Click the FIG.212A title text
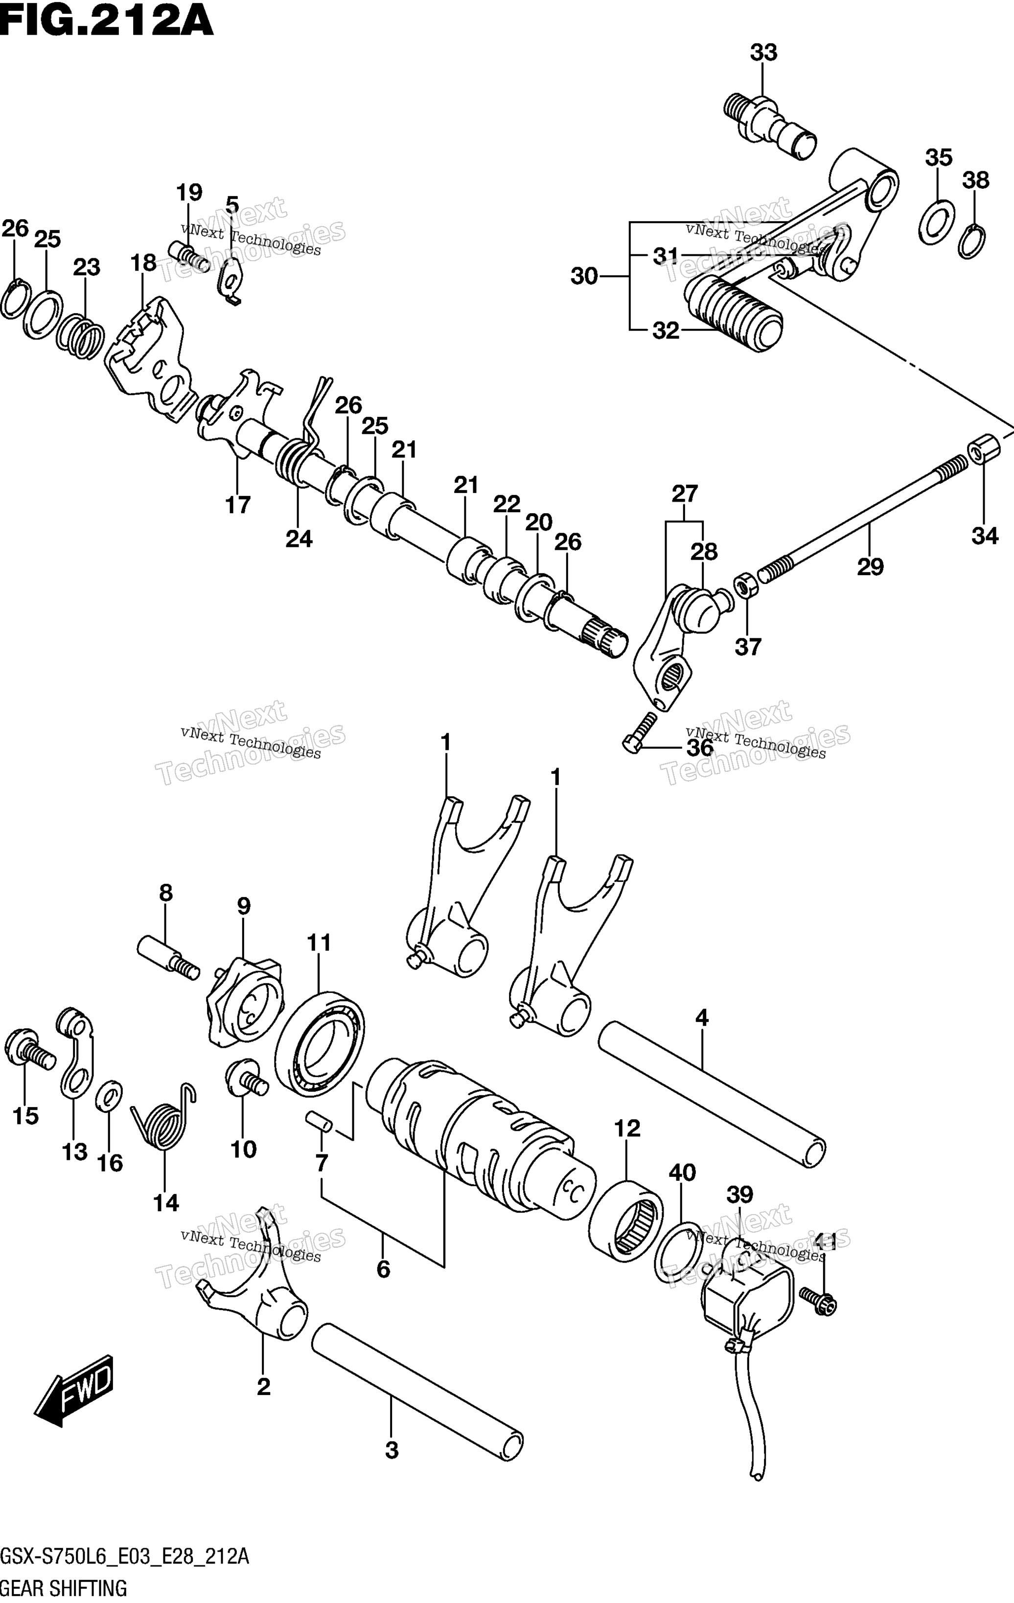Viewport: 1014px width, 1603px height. point(107,23)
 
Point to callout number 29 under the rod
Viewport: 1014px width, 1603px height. point(870,566)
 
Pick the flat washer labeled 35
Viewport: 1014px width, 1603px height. point(937,222)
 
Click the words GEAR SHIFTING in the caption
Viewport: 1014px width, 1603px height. point(64,1588)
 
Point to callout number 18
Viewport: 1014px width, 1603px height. point(143,263)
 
